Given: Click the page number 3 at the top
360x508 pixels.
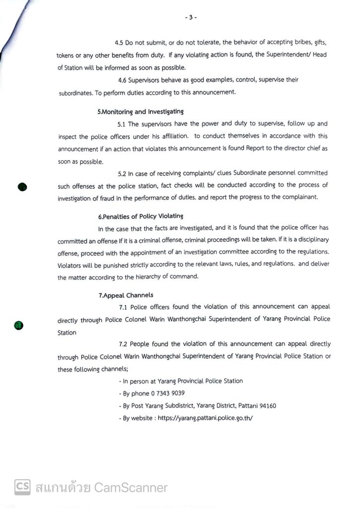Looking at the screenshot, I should pos(191,17).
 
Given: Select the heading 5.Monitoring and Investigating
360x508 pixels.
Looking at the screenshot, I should pos(140,112).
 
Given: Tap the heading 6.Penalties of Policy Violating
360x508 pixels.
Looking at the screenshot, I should pos(141,216).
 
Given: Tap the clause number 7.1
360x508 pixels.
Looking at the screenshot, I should pos(124,307).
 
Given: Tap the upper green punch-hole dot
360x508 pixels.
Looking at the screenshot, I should pos(22,187).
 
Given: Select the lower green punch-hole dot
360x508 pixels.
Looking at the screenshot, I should pos(18,325).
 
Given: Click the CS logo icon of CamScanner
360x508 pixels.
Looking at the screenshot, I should pos(22,487).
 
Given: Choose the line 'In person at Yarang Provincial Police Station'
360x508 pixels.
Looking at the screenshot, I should pos(181,381).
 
